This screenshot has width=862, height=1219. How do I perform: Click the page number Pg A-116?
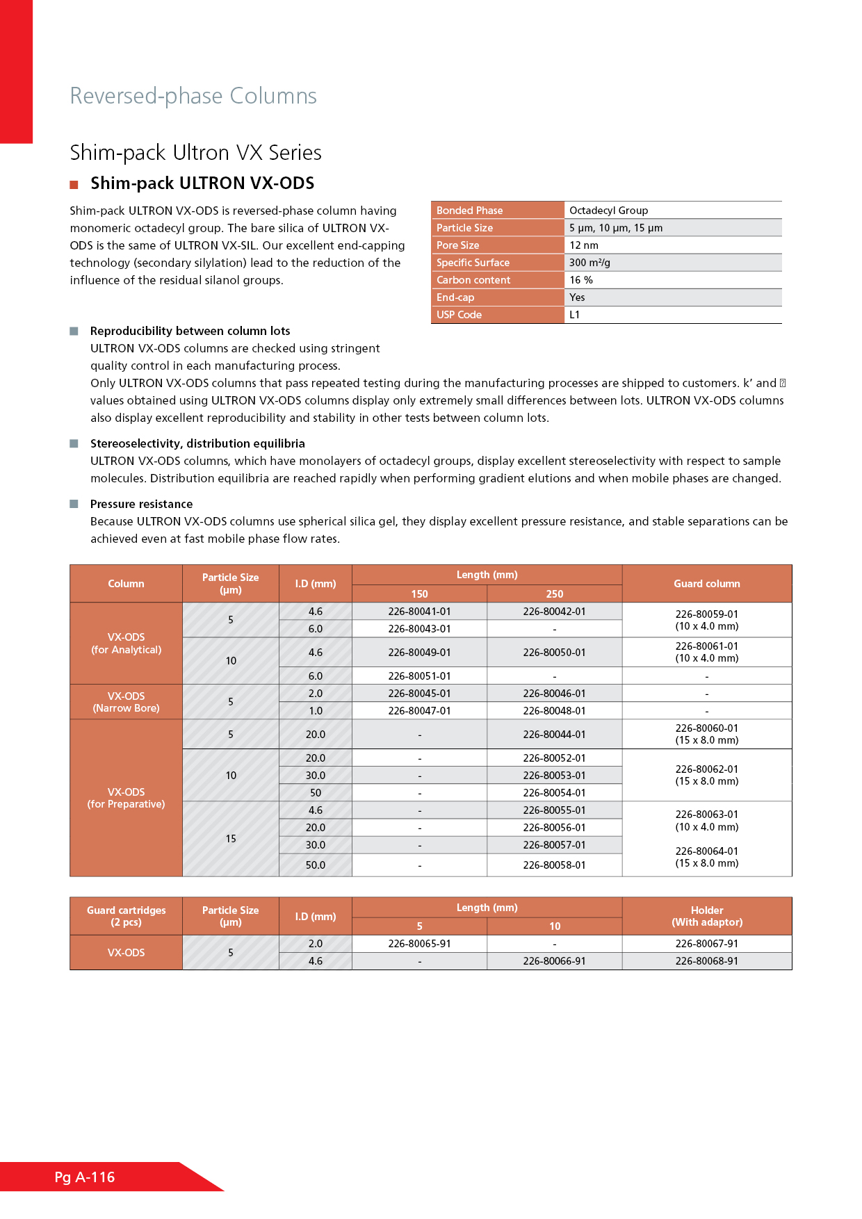[x=85, y=1177]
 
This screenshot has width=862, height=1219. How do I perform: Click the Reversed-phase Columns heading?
[x=193, y=96]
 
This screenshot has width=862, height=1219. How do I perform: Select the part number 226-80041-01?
[x=419, y=612]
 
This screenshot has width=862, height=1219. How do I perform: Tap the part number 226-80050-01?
[x=554, y=653]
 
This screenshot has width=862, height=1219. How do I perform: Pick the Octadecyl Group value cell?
[x=608, y=211]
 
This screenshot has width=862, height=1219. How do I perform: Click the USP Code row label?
[x=459, y=315]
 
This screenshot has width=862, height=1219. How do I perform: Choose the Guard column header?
[x=706, y=584]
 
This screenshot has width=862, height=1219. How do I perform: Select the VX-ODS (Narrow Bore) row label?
[x=126, y=702]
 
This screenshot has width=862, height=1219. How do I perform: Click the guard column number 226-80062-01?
[x=706, y=769]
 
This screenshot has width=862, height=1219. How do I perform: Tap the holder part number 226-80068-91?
[x=706, y=961]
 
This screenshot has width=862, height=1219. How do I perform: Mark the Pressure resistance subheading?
[x=141, y=504]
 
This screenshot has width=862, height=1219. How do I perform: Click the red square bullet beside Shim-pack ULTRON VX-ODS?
[x=74, y=185]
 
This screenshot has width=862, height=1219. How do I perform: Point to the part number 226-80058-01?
[x=554, y=865]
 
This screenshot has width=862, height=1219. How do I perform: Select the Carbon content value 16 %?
[x=581, y=280]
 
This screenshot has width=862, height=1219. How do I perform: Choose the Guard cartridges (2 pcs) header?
[x=126, y=916]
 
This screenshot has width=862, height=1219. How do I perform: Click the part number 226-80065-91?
[x=419, y=944]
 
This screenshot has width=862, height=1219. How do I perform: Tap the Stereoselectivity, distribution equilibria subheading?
[x=197, y=443]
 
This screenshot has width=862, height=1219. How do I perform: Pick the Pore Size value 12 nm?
[x=584, y=245]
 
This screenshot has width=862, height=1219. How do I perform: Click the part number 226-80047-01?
[x=419, y=711]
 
